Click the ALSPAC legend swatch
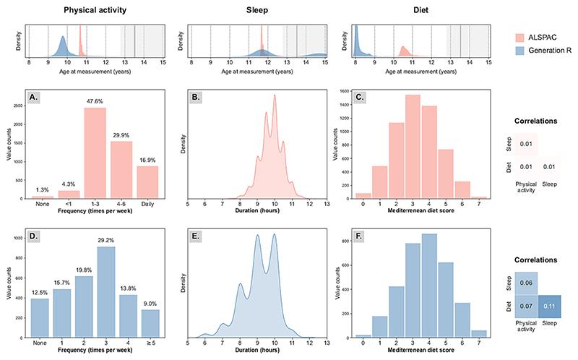click(519, 38)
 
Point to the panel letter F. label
click(361, 237)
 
